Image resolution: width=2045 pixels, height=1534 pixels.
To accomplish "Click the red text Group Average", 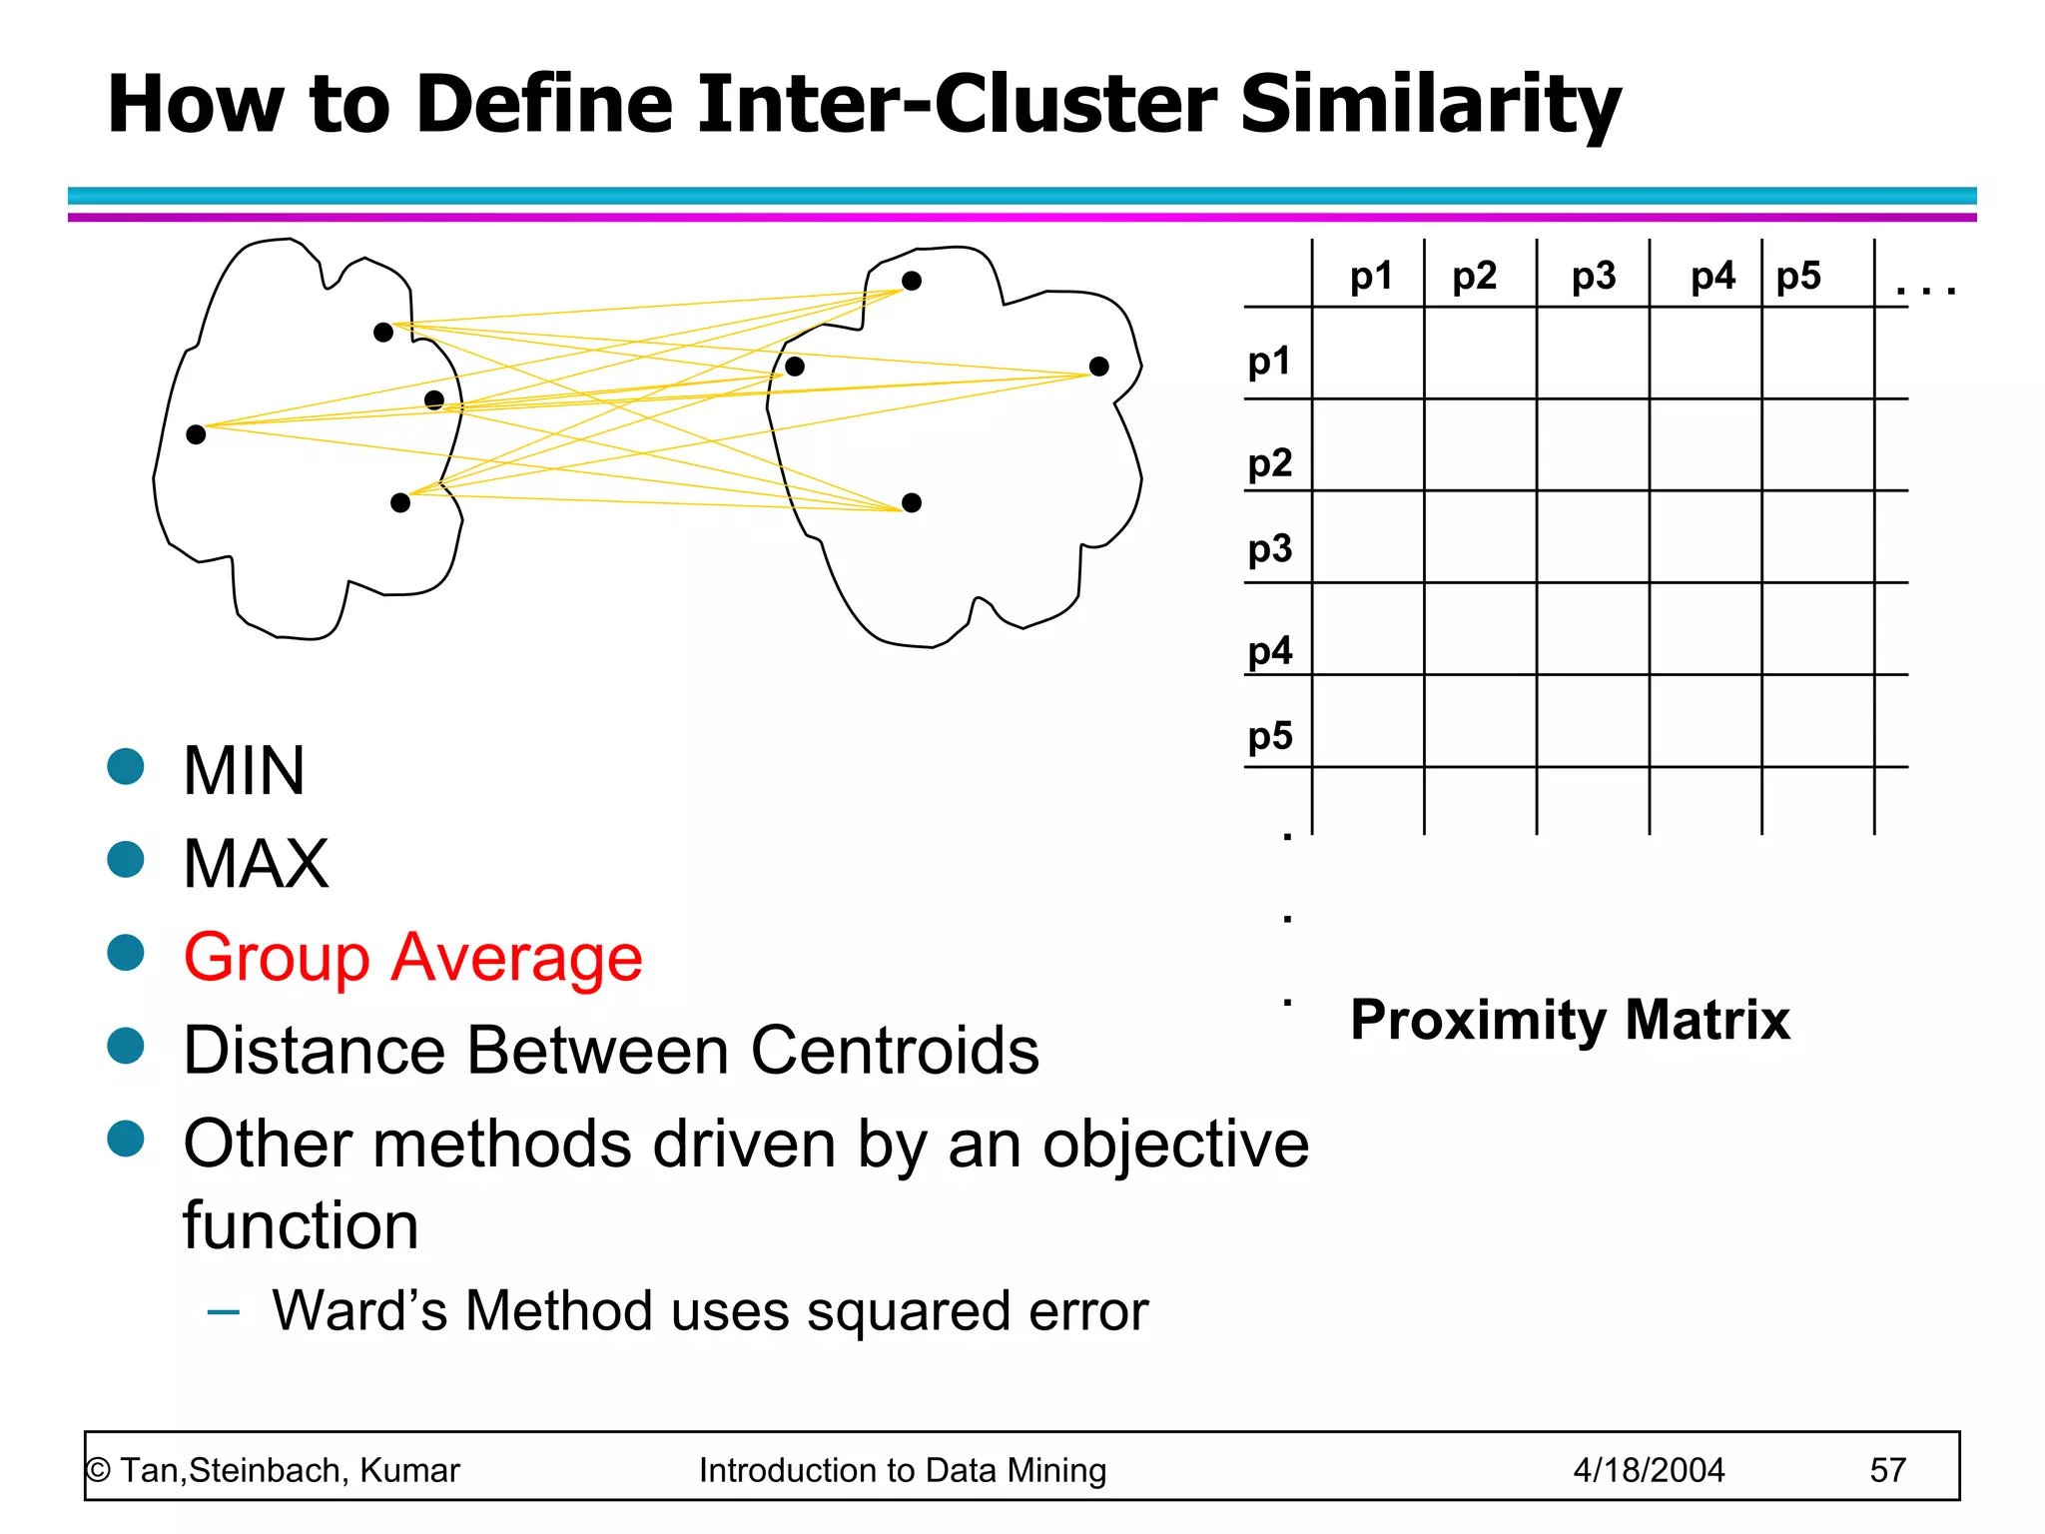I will pyautogui.click(x=412, y=958).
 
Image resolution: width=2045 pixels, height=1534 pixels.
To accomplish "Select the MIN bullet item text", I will pyautogui.click(x=244, y=772).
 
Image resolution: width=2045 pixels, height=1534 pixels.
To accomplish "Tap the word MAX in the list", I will pyautogui.click(x=256, y=864).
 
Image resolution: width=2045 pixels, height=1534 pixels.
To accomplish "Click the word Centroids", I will pyautogui.click(x=894, y=1051).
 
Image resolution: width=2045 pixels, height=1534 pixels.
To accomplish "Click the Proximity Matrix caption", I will pyautogui.click(x=1570, y=1020).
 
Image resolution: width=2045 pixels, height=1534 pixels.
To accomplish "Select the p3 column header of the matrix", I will pyautogui.click(x=1593, y=276).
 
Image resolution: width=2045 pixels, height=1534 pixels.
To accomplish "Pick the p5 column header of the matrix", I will pyautogui.click(x=1798, y=276).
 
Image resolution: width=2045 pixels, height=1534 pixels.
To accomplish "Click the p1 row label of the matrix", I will pyautogui.click(x=1269, y=361).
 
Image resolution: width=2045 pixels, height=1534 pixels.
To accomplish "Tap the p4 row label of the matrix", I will pyautogui.click(x=1269, y=651).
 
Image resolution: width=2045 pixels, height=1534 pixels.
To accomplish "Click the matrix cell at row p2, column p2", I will pyautogui.click(x=1480, y=445).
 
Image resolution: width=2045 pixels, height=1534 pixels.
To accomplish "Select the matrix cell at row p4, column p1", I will pyautogui.click(x=1368, y=629).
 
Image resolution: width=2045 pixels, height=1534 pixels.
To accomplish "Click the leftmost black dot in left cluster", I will pyautogui.click(x=196, y=434).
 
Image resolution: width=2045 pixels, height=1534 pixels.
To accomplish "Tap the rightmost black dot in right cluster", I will pyautogui.click(x=1099, y=367).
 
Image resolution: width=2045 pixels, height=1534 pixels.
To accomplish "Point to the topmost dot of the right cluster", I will pyautogui.click(x=912, y=281).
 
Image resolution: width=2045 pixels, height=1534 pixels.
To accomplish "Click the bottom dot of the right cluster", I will pyautogui.click(x=912, y=502).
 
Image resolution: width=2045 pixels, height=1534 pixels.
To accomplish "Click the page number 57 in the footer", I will pyautogui.click(x=1887, y=1470).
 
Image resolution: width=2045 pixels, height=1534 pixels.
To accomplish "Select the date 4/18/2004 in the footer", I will pyautogui.click(x=1649, y=1470).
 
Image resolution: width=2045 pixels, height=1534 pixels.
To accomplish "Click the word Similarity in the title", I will pyautogui.click(x=1430, y=105).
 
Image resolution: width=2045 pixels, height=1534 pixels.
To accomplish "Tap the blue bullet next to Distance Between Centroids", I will pyautogui.click(x=126, y=1046).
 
